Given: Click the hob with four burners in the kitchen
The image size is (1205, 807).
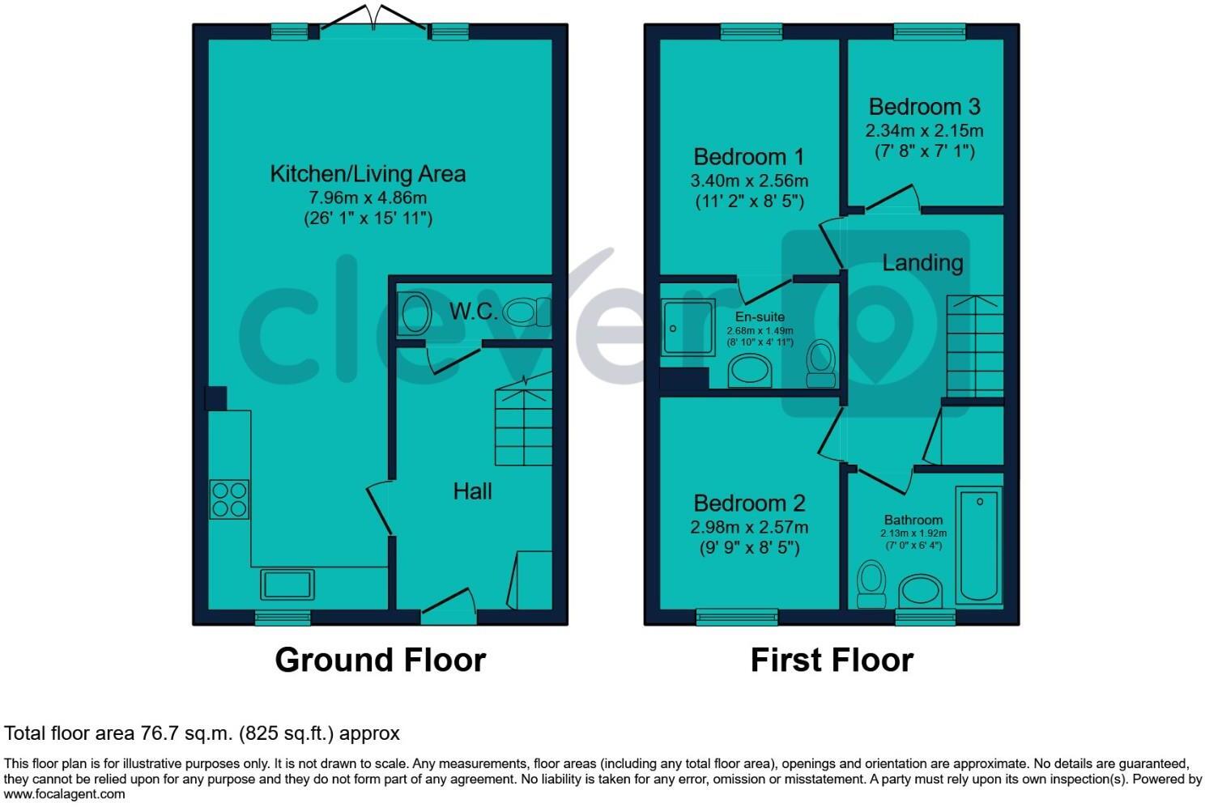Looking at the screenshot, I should point(229,499).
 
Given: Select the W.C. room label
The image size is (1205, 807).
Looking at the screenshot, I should point(474,311).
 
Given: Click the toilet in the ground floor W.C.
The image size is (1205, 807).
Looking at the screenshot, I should point(528,312).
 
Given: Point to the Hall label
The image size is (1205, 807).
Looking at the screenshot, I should point(472,491).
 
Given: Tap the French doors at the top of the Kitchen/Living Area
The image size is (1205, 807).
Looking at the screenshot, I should point(374,24).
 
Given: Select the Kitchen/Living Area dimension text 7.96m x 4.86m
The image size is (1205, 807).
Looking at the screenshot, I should point(368,198).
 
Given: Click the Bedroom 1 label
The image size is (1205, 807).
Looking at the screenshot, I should point(750,156).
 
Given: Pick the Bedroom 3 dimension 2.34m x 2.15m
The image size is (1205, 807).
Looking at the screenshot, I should point(924,130).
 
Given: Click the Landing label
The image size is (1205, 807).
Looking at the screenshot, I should point(922,262).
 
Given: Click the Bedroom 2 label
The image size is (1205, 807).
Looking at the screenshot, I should point(749,503).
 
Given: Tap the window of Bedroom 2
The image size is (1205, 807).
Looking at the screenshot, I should point(737,618).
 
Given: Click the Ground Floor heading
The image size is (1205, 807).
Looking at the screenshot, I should point(380,660).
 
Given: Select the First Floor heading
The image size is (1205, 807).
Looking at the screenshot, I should point(832,660).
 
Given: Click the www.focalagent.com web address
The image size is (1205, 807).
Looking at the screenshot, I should point(65,794).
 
